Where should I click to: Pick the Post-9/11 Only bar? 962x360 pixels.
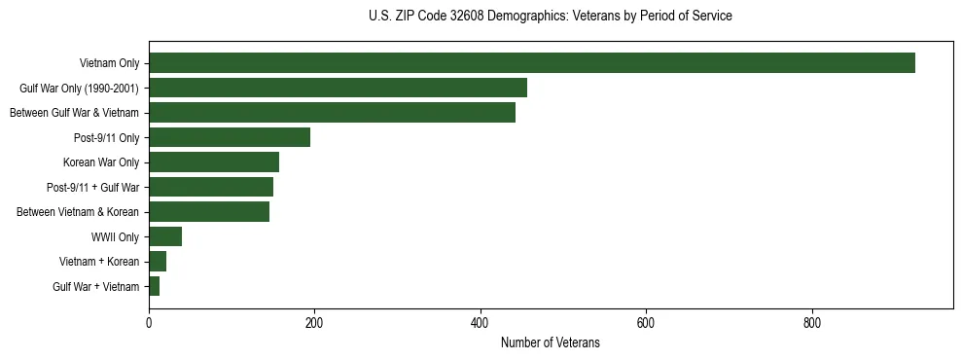230,137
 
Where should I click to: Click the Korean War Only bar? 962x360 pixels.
214,162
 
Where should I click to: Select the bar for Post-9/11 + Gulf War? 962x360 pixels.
211,187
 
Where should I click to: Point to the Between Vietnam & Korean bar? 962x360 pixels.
209,212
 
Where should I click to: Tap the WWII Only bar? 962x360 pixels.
165,236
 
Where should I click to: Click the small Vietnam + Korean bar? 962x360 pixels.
158,262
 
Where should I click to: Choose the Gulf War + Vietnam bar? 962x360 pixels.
154,286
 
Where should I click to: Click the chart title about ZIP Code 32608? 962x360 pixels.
550,17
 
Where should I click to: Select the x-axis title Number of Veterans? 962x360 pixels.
550,343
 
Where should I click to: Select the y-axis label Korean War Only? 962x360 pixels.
101,162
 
